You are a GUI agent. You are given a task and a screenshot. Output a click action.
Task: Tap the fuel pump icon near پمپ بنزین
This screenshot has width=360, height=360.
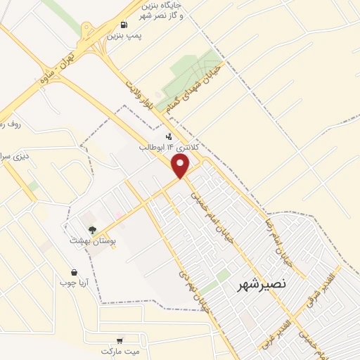click(x=124, y=25)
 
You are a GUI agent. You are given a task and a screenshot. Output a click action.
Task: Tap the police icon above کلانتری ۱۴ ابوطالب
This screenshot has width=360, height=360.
click(x=168, y=136)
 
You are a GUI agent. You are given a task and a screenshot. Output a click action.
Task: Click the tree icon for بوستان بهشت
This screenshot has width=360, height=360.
click(x=91, y=229)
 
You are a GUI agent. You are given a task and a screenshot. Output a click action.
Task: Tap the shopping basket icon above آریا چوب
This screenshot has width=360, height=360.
click(x=74, y=272)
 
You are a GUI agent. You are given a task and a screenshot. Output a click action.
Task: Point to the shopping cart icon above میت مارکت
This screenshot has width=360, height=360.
click(x=119, y=340)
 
